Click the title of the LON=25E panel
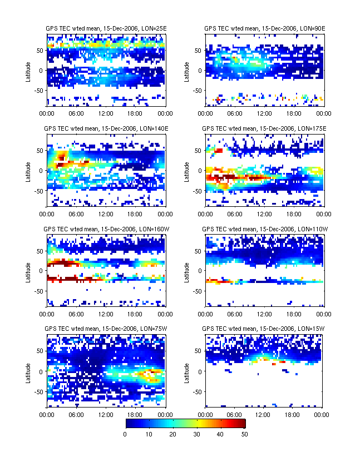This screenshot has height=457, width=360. [106, 28]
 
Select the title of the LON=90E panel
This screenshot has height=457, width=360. [264, 28]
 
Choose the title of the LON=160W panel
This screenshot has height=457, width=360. [106, 229]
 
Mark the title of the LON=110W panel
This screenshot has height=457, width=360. [264, 229]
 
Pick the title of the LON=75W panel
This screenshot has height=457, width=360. [106, 329]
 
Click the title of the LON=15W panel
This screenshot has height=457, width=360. [264, 329]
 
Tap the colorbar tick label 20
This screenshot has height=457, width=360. [173, 434]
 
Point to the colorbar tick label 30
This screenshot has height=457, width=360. [197, 434]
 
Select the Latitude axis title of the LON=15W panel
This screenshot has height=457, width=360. [187, 371]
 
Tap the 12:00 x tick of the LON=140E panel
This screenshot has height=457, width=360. [106, 213]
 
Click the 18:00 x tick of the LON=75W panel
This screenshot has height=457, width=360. [135, 414]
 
